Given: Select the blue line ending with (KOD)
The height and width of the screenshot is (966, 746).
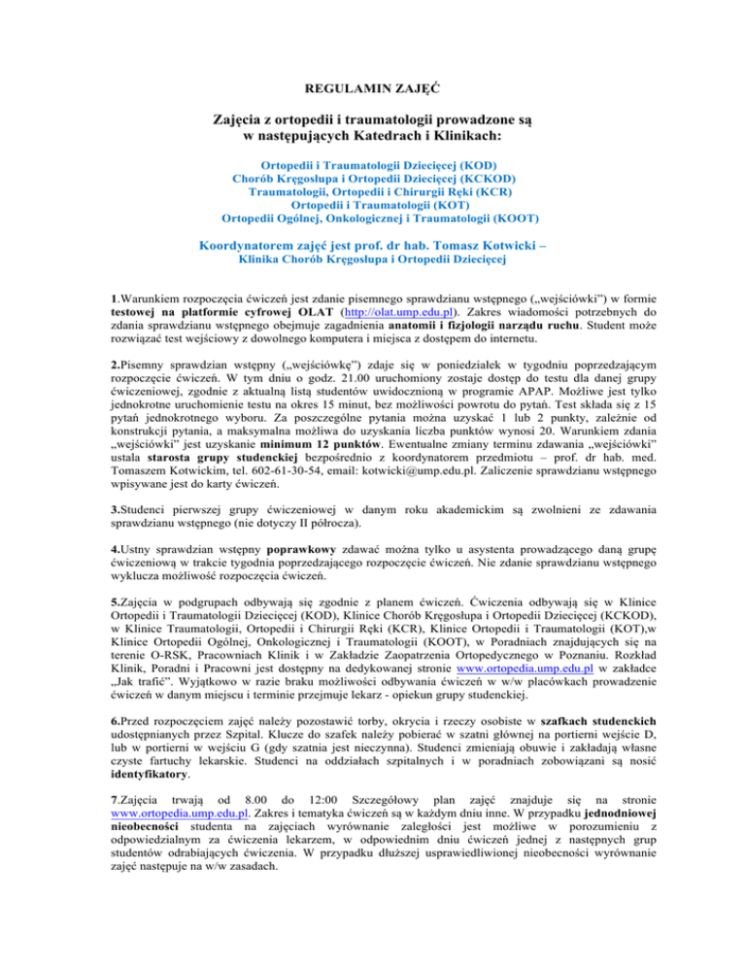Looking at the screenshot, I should click(373, 166).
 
